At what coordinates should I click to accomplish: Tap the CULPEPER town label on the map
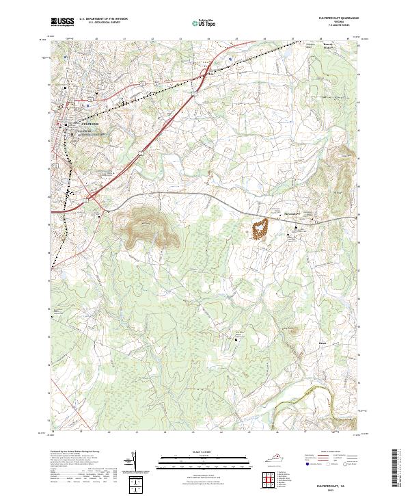click(72, 124)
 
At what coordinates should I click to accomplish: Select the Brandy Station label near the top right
click(330, 48)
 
